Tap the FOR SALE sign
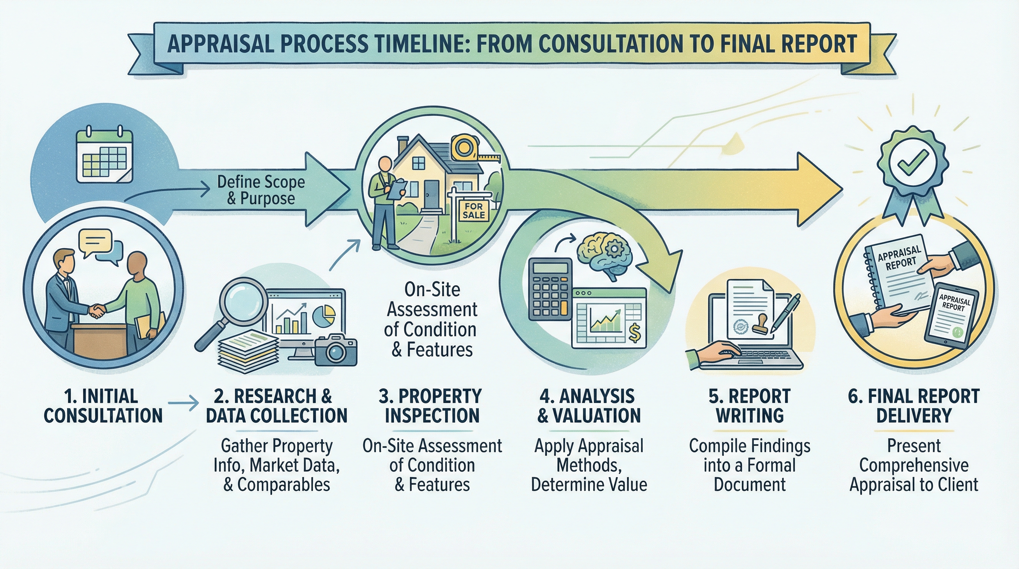474,210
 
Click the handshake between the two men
97,310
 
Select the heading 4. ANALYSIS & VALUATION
589,406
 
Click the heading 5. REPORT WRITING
749,406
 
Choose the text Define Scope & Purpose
261,190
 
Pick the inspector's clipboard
396,190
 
